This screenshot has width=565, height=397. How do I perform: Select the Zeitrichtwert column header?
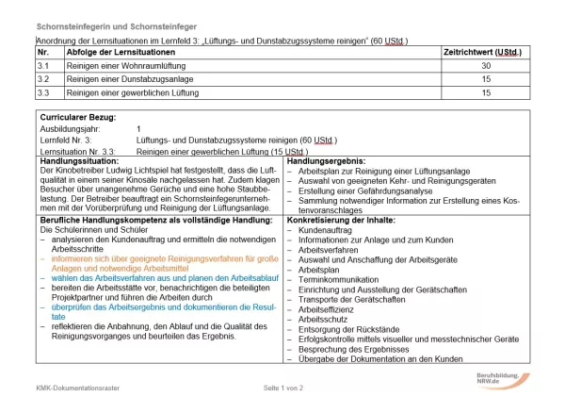coord(483,53)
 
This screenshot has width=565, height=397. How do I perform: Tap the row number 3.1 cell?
coord(43,67)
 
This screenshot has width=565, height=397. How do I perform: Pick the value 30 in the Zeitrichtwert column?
coord(486,67)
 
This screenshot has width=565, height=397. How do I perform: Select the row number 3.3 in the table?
coord(43,93)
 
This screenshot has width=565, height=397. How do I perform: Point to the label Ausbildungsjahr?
coord(68,128)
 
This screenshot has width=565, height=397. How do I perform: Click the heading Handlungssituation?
coord(78,162)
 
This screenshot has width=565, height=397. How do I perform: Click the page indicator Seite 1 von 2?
coord(282,388)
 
